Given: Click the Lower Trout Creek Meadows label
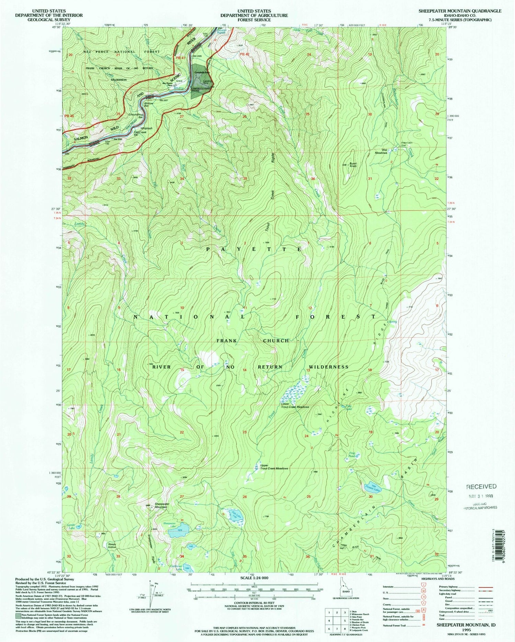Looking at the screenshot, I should [295, 407].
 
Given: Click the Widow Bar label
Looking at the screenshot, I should [148, 104].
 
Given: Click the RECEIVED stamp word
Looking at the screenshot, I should [481, 486].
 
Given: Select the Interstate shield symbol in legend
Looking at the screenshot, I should [423, 586].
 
